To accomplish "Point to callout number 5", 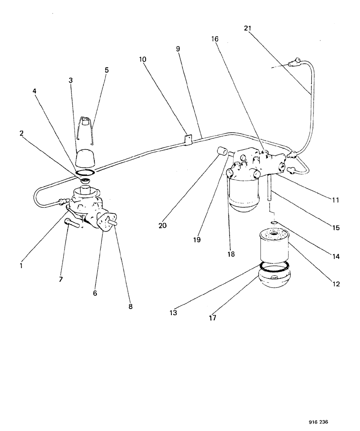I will point(107,69).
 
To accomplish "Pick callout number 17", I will point(213,319).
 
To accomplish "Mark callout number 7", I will point(61,279).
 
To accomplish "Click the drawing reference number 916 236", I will point(321,423).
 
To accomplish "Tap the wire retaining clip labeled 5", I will point(87,130).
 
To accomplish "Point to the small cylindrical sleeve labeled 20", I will point(222,153).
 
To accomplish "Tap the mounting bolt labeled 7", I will point(72,223).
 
